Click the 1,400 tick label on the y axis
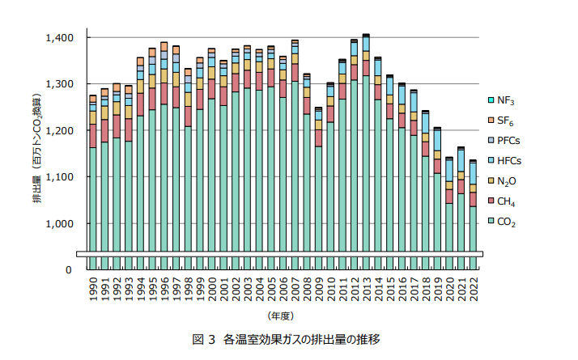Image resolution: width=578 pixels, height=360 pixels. [60, 38]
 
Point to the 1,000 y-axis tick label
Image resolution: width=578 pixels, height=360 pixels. [60, 223]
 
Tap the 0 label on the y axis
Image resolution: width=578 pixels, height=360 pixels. [70, 270]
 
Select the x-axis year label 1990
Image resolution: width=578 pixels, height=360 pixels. [93, 290]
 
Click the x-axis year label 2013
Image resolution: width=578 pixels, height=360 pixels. [366, 290]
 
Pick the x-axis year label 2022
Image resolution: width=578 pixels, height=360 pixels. [473, 290]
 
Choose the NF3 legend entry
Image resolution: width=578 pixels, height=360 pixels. [507, 100]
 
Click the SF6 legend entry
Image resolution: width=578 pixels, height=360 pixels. [507, 121]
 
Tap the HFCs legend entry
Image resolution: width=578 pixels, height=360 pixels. [509, 161]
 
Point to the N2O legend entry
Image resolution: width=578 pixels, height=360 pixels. [507, 181]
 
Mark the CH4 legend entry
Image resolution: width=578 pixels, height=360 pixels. [507, 201]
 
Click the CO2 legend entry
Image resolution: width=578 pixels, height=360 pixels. [507, 222]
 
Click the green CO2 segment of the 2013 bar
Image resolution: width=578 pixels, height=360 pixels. [366, 162]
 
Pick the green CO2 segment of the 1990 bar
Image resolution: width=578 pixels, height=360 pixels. [93, 194]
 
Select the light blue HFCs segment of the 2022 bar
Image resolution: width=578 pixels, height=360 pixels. [473, 173]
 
